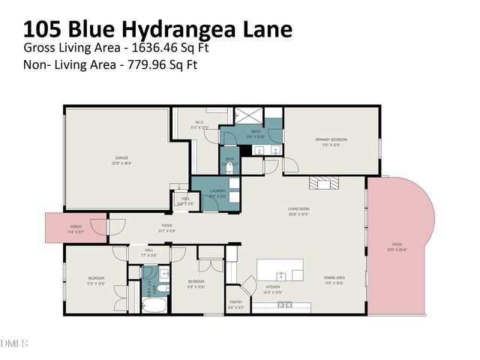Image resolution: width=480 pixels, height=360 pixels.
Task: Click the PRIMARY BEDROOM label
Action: (331, 139)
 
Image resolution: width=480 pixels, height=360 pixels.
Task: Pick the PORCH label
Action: (76, 226)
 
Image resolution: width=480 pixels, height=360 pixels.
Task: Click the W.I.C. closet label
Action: (199, 122)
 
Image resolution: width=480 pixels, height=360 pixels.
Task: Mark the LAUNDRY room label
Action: (217, 191)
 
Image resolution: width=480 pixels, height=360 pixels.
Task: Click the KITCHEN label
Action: (273, 286)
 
